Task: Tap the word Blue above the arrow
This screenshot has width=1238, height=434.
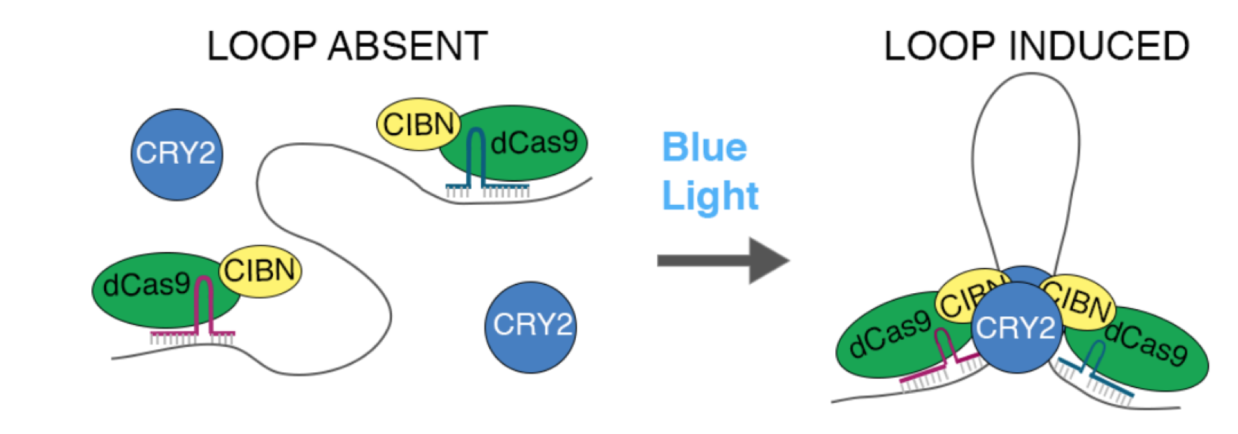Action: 704,147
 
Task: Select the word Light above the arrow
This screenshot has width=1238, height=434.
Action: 709,196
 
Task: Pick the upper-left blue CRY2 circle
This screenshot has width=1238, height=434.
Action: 176,154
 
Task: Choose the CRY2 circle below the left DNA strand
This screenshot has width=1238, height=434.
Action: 531,326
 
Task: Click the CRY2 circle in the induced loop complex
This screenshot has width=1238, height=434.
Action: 1015,328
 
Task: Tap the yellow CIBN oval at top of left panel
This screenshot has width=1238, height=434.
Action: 418,124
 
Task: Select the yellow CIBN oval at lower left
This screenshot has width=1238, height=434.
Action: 260,271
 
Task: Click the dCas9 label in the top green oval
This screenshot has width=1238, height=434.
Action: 534,143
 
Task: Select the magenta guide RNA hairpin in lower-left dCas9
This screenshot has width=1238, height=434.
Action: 205,302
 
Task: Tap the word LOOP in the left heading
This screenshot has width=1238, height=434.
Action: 261,47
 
